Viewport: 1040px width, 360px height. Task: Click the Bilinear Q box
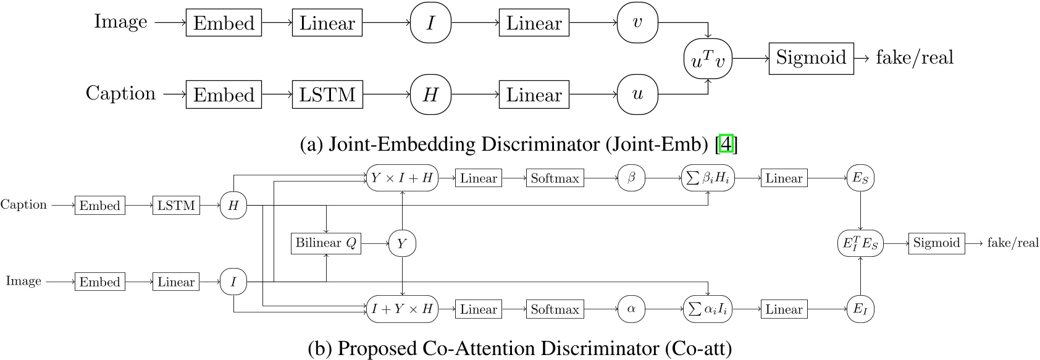coord(325,243)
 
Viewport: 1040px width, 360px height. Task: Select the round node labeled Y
coord(402,244)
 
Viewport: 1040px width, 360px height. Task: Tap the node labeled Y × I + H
coord(402,178)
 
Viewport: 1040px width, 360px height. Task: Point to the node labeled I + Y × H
coord(402,309)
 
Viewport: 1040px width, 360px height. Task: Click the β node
coord(631,178)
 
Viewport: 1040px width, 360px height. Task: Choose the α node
coord(631,309)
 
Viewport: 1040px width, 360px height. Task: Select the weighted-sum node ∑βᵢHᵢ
coord(708,178)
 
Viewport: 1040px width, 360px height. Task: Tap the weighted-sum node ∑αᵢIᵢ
coord(708,309)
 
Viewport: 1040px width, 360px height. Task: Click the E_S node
coord(860,178)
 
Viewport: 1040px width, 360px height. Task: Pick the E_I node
coord(860,309)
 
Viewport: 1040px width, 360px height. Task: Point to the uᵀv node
coord(708,59)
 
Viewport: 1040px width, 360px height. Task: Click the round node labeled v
coord(637,23)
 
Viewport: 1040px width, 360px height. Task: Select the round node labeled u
coord(637,94)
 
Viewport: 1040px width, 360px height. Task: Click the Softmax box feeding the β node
coord(555,178)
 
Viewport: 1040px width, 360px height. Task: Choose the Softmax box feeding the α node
coord(555,309)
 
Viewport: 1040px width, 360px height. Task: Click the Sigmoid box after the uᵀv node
coord(811,59)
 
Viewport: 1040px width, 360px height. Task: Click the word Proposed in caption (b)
coord(377,349)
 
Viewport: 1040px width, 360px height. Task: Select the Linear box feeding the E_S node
coord(784,178)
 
